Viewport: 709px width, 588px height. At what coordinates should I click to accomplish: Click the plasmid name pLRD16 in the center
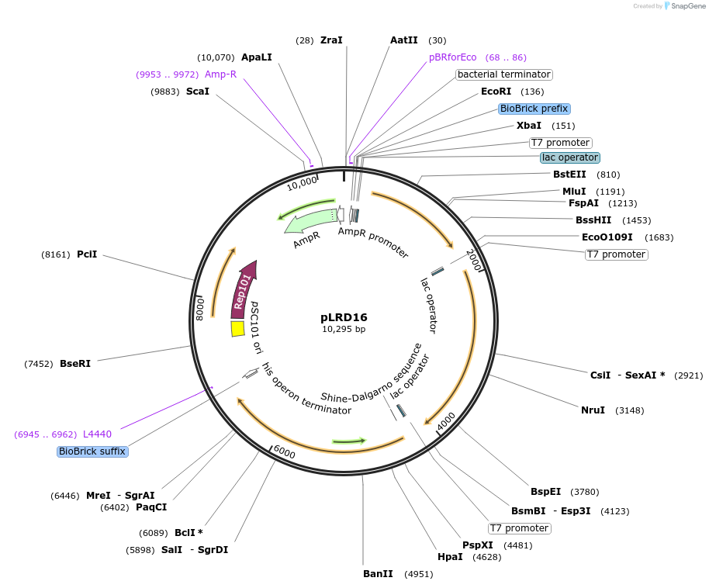coord(344,317)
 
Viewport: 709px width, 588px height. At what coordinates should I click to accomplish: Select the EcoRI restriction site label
coord(496,92)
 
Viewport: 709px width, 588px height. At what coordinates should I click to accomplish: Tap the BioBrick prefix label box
coord(534,109)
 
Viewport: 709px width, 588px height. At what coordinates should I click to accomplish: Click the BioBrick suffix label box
coord(92,451)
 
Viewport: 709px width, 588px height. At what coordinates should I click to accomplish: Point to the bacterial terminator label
coord(504,74)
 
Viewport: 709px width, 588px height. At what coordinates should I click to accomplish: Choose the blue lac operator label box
coord(570,157)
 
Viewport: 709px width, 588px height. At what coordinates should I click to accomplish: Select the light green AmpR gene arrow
coord(310,220)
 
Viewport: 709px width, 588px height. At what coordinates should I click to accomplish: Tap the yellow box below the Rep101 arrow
coord(238,329)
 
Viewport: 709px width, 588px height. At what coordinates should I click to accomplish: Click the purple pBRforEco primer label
coord(453,57)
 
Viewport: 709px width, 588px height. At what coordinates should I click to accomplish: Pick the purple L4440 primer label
coord(97,434)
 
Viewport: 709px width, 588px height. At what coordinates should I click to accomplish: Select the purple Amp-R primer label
coord(220,74)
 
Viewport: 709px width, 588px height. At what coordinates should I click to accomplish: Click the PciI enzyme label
coord(87,254)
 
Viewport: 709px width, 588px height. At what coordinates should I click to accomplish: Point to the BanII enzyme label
coord(379,574)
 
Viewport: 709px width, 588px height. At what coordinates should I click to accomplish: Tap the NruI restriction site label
coord(593,410)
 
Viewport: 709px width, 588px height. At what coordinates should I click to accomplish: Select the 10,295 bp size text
coord(344,329)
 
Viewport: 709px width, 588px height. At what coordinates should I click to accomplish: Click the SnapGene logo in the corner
coord(683,5)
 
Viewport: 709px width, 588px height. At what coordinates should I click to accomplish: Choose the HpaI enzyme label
coord(450,557)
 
